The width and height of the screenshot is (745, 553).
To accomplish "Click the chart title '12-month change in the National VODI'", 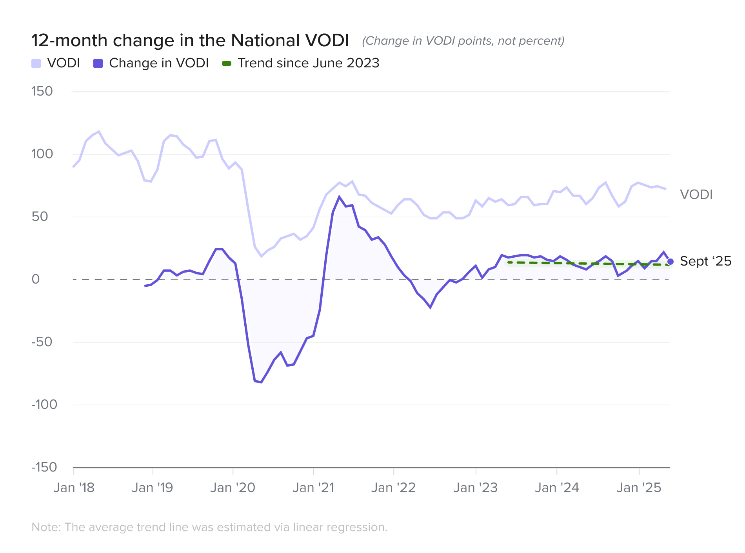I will pos(190,40).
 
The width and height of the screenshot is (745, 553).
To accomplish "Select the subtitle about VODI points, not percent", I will pos(463,41).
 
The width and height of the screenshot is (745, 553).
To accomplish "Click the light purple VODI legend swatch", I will pos(36,63).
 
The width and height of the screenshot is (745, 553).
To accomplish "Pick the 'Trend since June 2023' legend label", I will pos(308,63).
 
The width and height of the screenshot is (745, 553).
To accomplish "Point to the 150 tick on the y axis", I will pos(42,91).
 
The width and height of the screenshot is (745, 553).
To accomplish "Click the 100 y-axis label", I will pos(42,154).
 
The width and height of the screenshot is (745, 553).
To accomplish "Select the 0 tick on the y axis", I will pos(36,279).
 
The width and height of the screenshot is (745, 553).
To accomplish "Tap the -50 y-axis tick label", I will pos(42,342).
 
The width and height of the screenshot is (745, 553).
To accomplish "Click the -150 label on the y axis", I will pos(44,467).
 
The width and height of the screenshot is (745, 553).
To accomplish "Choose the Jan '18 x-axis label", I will pos(74,488).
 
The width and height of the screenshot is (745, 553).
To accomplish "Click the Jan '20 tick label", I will pos(233,488).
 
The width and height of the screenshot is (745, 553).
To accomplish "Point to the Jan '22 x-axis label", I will pos(393,488).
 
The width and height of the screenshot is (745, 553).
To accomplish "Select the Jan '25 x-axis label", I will pos(639,488).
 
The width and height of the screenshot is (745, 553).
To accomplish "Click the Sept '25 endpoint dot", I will pos(670,262).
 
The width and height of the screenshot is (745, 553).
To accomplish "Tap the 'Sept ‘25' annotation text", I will pos(705,261).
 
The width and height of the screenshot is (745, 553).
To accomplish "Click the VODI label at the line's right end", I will pos(696,195).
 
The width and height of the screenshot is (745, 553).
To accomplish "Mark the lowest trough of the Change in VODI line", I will pos(261,382).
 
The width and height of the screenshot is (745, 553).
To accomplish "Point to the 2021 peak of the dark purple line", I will pos(339,197).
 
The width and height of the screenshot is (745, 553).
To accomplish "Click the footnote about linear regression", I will pos(209,527).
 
